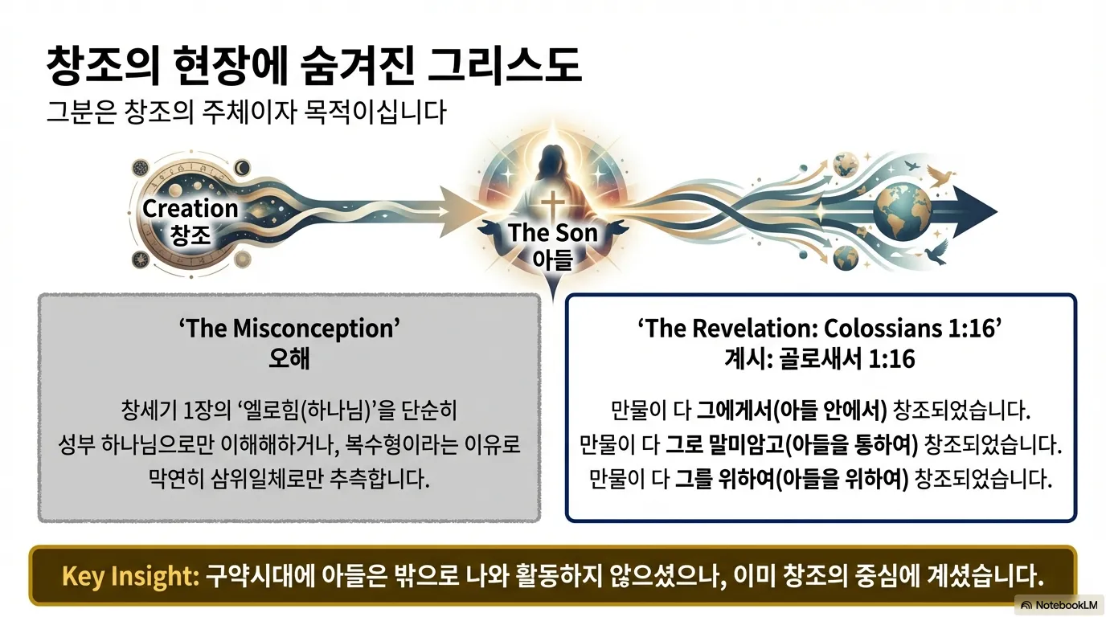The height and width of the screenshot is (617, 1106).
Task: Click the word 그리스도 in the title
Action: [x=504, y=67]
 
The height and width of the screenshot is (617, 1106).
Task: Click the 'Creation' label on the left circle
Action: [x=190, y=209]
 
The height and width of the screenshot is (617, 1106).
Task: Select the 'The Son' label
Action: [x=553, y=233]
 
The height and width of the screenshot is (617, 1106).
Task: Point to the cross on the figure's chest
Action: [x=553, y=204]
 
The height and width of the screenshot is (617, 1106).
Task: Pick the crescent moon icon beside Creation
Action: [x=241, y=168]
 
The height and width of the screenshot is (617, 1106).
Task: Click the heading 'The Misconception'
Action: [x=289, y=329]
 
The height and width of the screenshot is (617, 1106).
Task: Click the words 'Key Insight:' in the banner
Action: [x=129, y=576]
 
